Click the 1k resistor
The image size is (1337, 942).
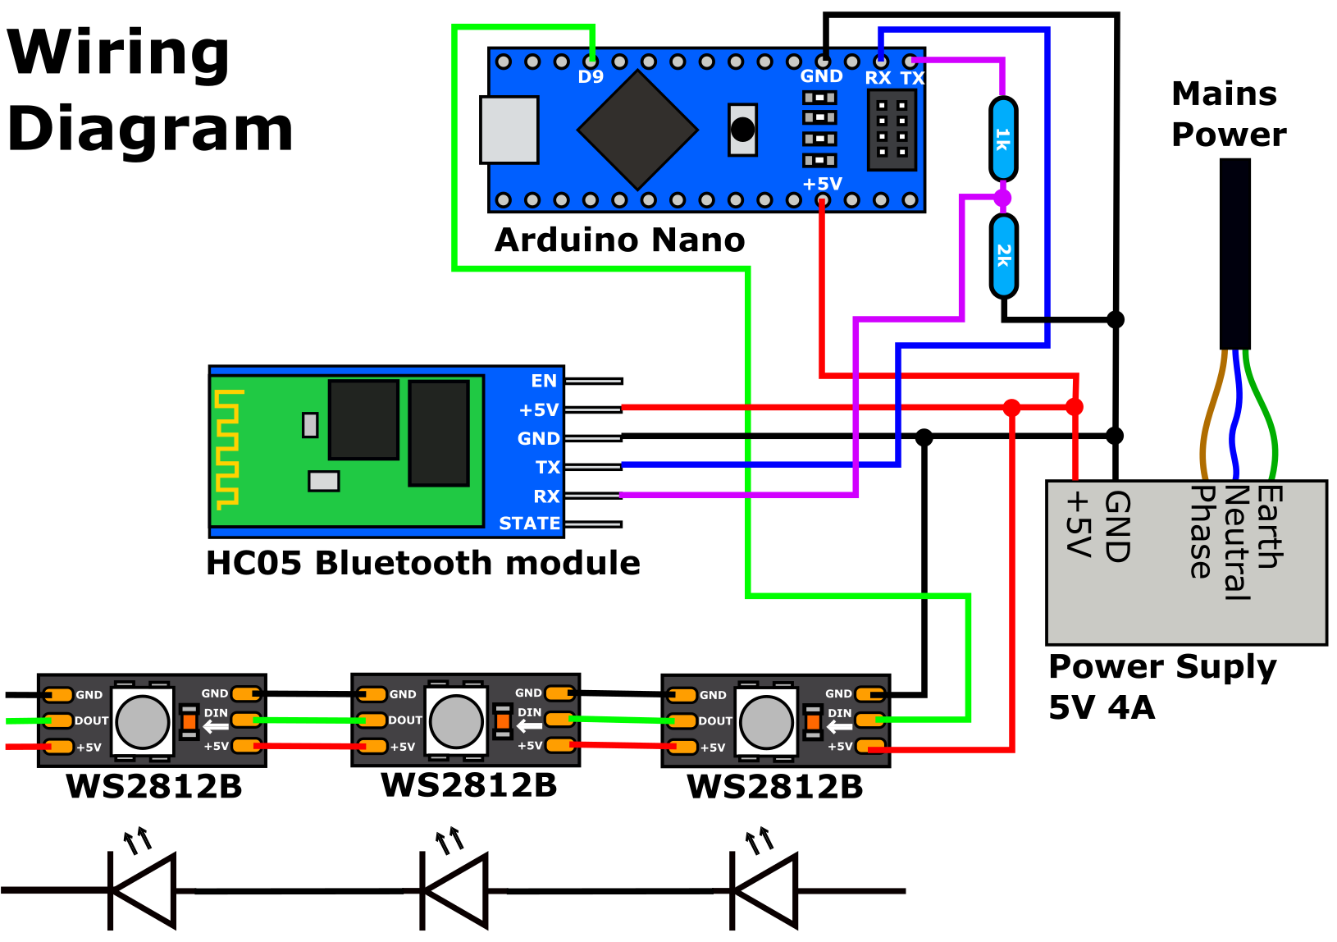point(1003,138)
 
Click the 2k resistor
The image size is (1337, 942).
point(1003,255)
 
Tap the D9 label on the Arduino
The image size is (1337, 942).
point(591,77)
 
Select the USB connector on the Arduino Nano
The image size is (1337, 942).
point(509,130)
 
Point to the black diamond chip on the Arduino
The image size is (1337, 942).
point(637,130)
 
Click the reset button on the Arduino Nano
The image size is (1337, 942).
point(742,130)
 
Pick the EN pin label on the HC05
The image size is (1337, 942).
point(544,381)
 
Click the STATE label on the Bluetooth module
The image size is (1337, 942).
point(529,524)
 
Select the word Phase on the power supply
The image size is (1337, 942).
point(1202,532)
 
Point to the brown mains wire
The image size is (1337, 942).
point(1206,418)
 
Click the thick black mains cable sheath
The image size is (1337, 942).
point(1234,254)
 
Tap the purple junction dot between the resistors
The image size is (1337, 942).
point(1002,198)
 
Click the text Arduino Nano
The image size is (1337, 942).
point(619,240)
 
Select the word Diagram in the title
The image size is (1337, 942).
point(150,130)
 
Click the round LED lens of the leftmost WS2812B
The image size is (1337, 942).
point(142,722)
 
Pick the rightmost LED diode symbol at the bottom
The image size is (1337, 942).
point(764,890)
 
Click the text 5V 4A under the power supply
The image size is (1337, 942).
point(1102,707)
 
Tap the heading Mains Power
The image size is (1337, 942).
point(1228,114)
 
